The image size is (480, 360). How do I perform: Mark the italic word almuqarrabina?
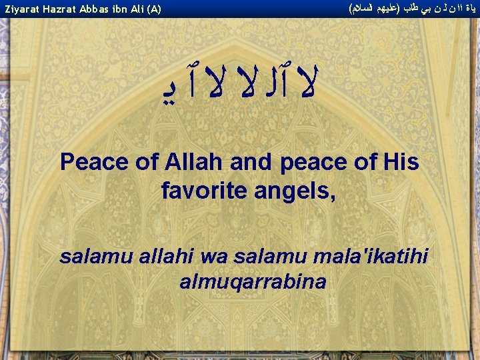pyautogui.click(x=253, y=281)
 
